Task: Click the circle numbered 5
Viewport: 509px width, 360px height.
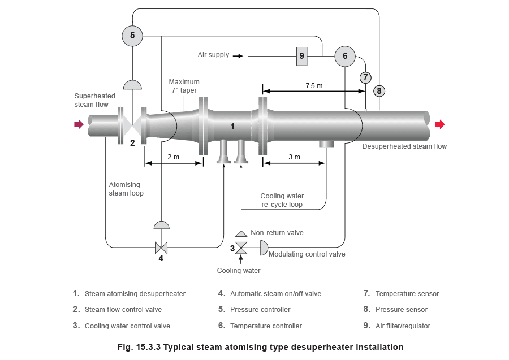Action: pyautogui.click(x=132, y=36)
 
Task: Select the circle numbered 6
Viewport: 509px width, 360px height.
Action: pyautogui.click(x=345, y=56)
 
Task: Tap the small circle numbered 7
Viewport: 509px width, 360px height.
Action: pyautogui.click(x=365, y=77)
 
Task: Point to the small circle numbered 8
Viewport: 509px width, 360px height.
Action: pyautogui.click(x=379, y=91)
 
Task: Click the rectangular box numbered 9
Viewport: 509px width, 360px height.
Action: pyautogui.click(x=301, y=56)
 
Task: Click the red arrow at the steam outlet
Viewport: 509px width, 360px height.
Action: pyautogui.click(x=440, y=124)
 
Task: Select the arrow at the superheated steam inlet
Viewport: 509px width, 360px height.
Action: pyautogui.click(x=79, y=124)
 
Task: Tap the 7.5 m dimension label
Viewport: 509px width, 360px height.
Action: pyautogui.click(x=314, y=86)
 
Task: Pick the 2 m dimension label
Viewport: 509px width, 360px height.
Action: pyautogui.click(x=174, y=157)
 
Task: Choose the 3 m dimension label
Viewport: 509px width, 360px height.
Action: pyautogui.click(x=295, y=157)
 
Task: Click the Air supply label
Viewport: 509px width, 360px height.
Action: pyautogui.click(x=213, y=55)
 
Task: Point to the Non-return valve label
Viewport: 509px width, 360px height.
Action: pyautogui.click(x=277, y=232)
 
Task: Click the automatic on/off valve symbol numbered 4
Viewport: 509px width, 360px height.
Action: pyautogui.click(x=161, y=248)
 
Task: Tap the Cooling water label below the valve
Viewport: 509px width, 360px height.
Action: pyautogui.click(x=239, y=271)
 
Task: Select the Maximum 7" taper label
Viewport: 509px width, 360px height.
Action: pyautogui.click(x=184, y=86)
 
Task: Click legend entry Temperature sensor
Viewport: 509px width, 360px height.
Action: pyautogui.click(x=407, y=294)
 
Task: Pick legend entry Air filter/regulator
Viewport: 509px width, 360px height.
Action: pyautogui.click(x=403, y=326)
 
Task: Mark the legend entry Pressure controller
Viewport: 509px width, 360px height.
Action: pyautogui.click(x=260, y=310)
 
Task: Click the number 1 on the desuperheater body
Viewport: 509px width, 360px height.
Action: pyautogui.click(x=232, y=127)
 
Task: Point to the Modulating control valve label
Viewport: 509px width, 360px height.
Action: pyautogui.click(x=307, y=254)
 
